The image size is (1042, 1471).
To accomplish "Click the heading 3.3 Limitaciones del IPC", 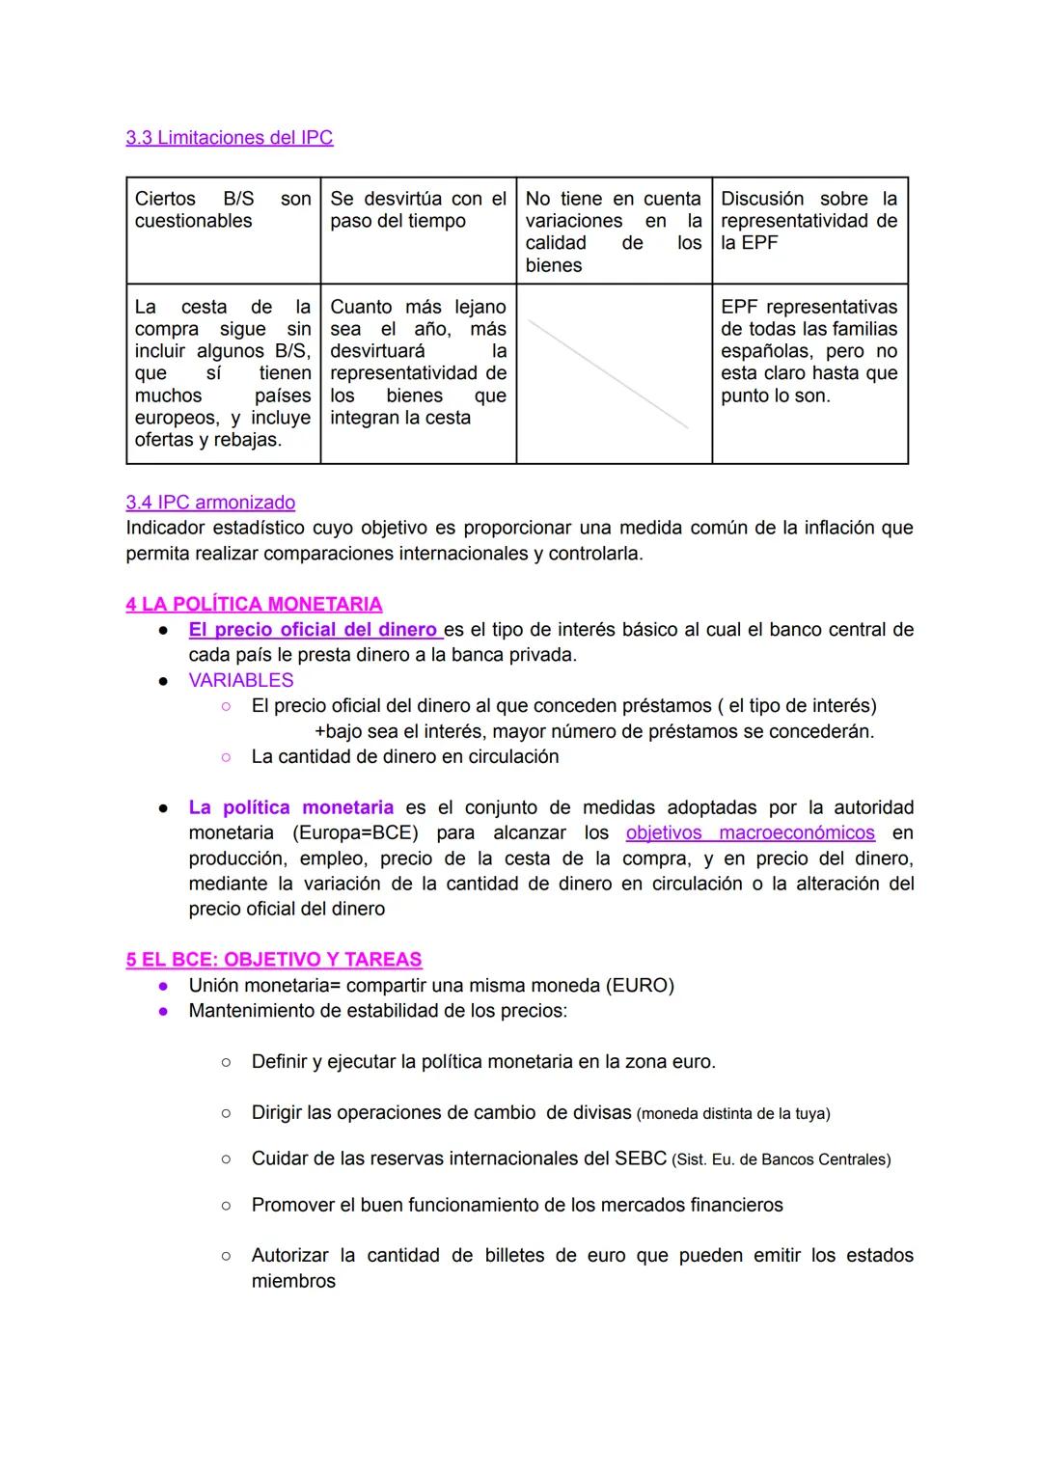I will tap(229, 138).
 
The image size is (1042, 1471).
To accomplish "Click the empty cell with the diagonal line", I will tap(614, 373).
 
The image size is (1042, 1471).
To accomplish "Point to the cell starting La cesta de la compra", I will tap(223, 373).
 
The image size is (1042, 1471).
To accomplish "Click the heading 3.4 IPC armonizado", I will tap(210, 503).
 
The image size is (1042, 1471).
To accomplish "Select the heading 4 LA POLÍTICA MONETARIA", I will tap(254, 605).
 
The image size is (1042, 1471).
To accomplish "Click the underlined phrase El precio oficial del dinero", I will tap(314, 630).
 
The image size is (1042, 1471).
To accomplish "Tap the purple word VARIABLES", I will tap(241, 680).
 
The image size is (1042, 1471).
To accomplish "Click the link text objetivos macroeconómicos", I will tap(750, 832).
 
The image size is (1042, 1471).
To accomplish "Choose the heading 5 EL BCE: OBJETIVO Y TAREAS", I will tap(274, 960).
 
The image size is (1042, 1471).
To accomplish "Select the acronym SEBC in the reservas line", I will tap(640, 1158).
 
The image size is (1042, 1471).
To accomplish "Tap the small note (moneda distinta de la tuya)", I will tap(733, 1113).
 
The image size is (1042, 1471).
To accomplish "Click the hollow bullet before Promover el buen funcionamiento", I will tap(225, 1206).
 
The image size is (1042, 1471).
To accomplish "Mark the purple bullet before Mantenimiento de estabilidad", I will tap(164, 1011).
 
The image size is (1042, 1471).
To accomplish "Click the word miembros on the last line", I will tap(293, 1281).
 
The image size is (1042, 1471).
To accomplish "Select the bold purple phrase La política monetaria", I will tap(290, 807).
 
